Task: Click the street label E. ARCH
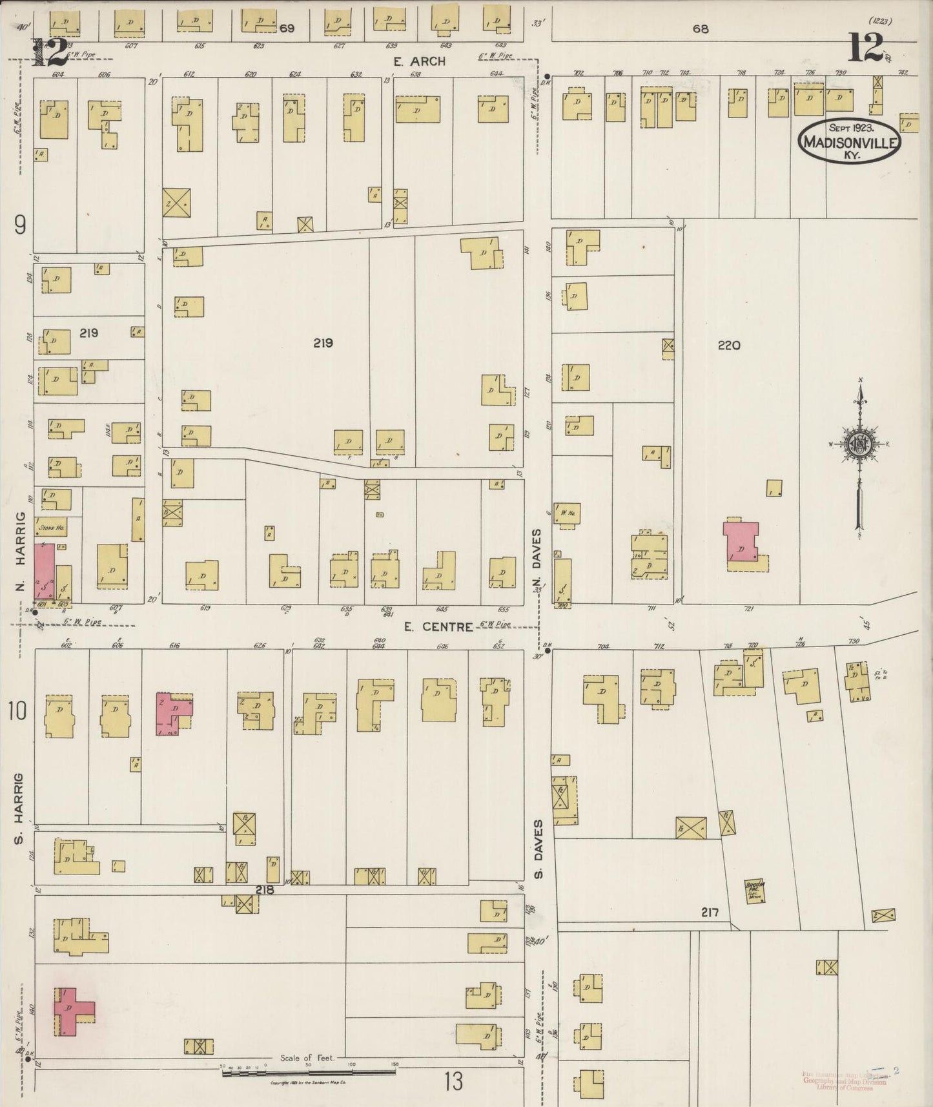coord(420,61)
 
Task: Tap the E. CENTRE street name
coord(438,626)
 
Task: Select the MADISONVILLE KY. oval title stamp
coord(849,140)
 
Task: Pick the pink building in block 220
coord(742,541)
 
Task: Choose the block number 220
coord(728,346)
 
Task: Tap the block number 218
coord(265,889)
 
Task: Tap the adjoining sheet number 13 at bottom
coord(453,1081)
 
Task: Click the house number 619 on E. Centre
coord(206,608)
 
